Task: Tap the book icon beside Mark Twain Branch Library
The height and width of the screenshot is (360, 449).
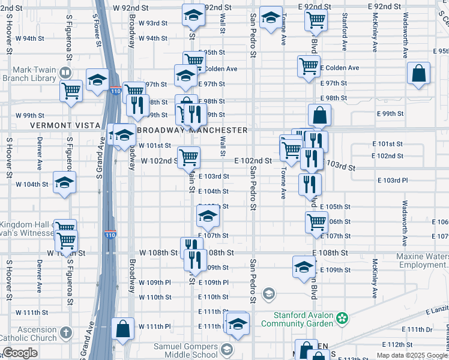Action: pyautogui.click(x=65, y=73)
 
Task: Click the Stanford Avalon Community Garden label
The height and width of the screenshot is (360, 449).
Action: pyautogui.click(x=303, y=319)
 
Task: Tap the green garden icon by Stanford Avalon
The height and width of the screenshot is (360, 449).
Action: pyautogui.click(x=342, y=317)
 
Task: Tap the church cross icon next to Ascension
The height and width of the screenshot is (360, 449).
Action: pyautogui.click(x=65, y=331)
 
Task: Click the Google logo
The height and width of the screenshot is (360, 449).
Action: pyautogui.click(x=20, y=353)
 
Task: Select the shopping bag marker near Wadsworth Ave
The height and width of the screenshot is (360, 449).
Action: pyautogui.click(x=419, y=75)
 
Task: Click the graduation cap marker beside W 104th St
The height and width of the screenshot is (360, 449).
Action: pyautogui.click(x=64, y=184)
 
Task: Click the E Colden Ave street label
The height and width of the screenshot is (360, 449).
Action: pyautogui.click(x=337, y=68)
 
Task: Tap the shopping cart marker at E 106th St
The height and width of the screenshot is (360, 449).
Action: pyautogui.click(x=316, y=223)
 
